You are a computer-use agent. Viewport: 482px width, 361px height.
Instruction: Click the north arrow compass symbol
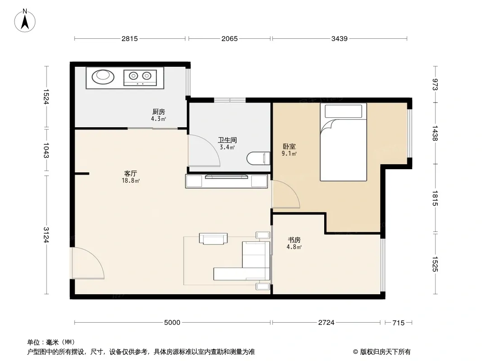[x=25, y=21]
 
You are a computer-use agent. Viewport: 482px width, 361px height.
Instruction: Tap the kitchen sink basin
[x=103, y=77]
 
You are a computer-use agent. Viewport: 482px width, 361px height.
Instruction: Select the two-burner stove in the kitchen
[x=140, y=78]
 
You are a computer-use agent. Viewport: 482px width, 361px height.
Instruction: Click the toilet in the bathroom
[x=258, y=158]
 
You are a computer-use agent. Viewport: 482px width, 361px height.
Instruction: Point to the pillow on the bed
[x=343, y=111]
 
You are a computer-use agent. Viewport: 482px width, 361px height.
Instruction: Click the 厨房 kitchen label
[x=159, y=111]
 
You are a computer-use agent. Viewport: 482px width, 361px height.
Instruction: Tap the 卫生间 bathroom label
[x=227, y=140]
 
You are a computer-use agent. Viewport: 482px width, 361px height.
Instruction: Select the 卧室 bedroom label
[x=289, y=147]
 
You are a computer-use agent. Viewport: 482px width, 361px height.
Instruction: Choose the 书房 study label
[x=294, y=240]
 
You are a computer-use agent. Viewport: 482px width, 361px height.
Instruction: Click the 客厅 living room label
[x=131, y=174]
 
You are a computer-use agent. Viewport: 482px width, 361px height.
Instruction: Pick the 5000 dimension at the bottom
[x=172, y=322]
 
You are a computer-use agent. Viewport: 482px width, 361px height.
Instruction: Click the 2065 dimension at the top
[x=230, y=39]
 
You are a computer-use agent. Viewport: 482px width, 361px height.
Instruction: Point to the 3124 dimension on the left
[x=47, y=235]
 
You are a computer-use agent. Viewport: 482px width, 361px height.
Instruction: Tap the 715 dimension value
[x=398, y=323]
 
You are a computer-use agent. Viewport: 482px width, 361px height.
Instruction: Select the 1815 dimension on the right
[x=435, y=198]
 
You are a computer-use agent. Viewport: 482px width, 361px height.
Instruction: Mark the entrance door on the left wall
[x=88, y=263]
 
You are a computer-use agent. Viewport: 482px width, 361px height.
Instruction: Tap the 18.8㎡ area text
[x=131, y=180]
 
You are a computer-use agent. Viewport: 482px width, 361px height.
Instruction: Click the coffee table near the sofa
[x=213, y=239]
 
